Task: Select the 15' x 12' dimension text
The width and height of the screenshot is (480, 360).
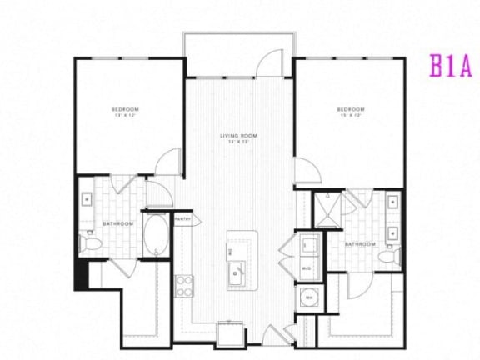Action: pos(350,117)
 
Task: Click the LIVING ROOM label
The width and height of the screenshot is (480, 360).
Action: pos(237,135)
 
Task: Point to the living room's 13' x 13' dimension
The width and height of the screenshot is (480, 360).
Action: pos(237,142)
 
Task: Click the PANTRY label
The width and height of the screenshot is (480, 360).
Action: pos(184,220)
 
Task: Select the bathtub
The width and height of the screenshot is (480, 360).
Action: pos(156,236)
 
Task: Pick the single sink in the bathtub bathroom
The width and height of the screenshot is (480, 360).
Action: pos(87,199)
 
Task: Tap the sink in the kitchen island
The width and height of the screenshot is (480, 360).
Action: pos(236,272)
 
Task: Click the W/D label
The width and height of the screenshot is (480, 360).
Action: pos(306,267)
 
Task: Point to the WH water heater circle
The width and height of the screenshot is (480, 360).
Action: pos(308,297)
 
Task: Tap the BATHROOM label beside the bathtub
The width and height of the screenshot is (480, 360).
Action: pos(115,223)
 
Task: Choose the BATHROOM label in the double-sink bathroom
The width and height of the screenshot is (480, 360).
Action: pos(359,243)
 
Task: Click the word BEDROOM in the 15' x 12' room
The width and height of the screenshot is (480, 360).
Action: pos(350,110)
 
